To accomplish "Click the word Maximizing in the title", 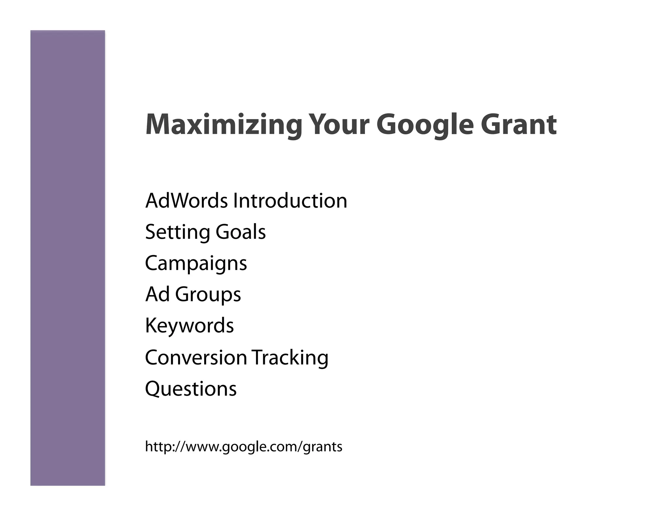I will [x=224, y=125].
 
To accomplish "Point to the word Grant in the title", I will [x=518, y=125].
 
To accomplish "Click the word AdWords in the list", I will [x=186, y=201].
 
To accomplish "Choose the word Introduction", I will [x=290, y=201].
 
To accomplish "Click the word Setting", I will [x=177, y=232].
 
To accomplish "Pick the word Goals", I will [x=241, y=232].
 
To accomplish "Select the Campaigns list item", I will [x=196, y=264].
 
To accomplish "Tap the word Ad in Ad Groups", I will [x=157, y=294].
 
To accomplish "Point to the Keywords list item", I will [x=189, y=326].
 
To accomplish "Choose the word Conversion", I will [x=196, y=357].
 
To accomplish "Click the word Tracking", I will [x=290, y=357].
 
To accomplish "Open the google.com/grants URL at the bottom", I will [x=243, y=447].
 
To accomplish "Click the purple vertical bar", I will [x=68, y=258].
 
